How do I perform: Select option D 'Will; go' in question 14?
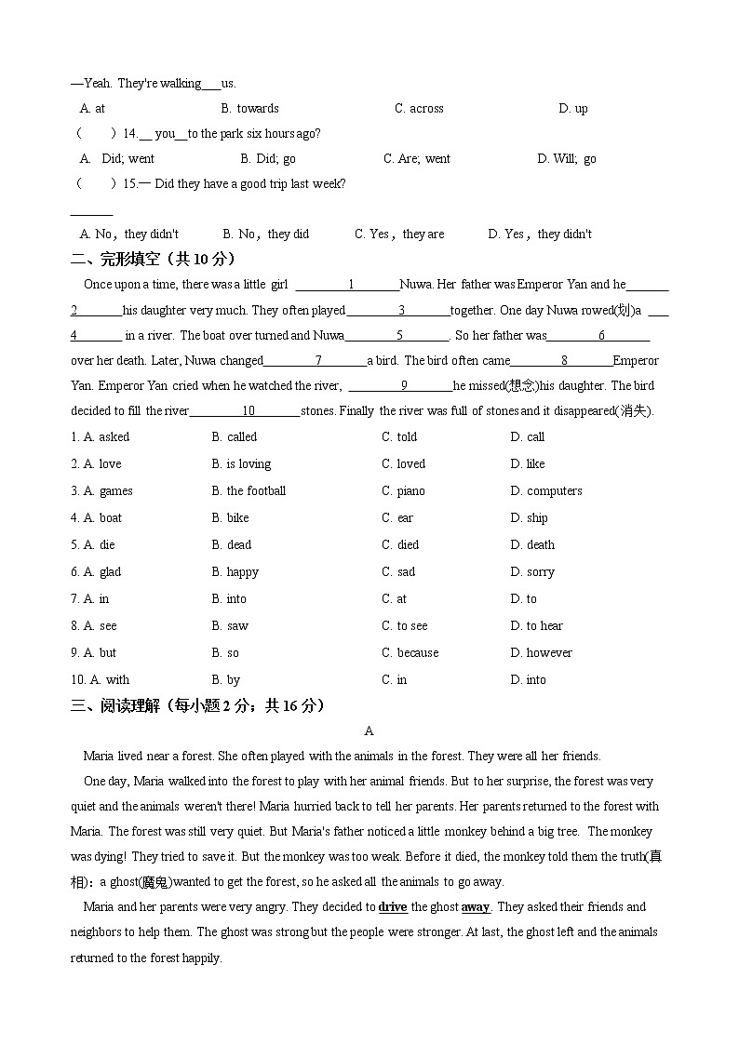(x=567, y=159)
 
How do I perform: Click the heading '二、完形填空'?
(x=153, y=259)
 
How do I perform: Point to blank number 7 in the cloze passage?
(x=318, y=361)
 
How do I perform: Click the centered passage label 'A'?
(x=369, y=731)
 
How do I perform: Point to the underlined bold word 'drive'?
(x=393, y=907)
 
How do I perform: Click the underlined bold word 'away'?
(x=476, y=907)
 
